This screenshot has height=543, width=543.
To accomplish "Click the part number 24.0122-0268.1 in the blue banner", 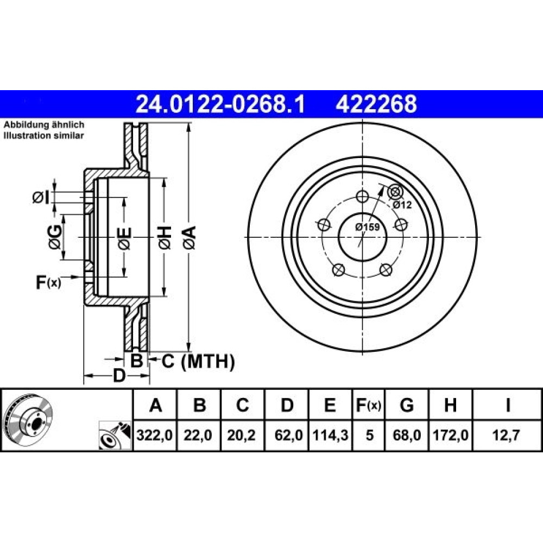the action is (220, 104).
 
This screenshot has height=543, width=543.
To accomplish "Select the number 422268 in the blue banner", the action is (376, 104).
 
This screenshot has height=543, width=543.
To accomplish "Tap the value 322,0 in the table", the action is (154, 435).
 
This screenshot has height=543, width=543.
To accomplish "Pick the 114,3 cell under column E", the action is (330, 435).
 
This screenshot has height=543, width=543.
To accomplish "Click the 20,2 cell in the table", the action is (242, 435).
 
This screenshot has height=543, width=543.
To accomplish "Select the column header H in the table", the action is (450, 405).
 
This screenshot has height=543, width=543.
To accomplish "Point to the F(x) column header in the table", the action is (369, 405).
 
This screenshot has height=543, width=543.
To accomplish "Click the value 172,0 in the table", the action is (451, 435).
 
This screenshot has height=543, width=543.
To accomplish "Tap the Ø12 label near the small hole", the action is (402, 205).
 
